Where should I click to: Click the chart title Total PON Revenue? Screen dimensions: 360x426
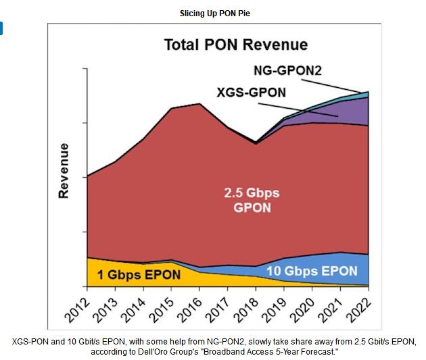click(235, 45)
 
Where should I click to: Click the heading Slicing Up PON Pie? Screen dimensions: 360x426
click(213, 13)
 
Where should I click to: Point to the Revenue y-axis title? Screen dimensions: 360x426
click(64, 170)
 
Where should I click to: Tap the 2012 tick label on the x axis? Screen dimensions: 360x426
click(80, 305)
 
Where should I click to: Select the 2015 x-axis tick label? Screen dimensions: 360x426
click(164, 305)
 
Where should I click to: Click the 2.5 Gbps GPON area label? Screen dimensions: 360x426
click(252, 201)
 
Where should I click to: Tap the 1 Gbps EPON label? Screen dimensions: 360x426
click(139, 275)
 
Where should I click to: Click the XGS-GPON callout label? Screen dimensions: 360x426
click(252, 93)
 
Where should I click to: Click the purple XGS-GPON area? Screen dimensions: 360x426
click(352, 111)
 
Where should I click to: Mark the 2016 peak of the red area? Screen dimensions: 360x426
click(199, 104)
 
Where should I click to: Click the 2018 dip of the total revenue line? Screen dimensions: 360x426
click(256, 143)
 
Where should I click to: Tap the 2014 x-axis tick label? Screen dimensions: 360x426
click(136, 305)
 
